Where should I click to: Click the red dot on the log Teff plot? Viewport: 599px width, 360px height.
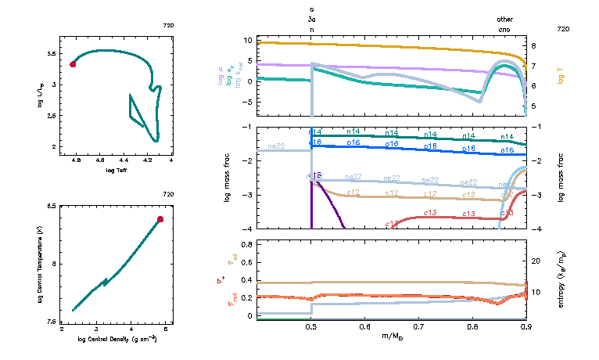coord(73,64)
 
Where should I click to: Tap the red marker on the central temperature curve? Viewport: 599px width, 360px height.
coord(160,219)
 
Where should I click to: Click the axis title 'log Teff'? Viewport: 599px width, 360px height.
coord(117,169)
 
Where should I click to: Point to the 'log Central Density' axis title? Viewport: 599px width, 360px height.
coord(117,339)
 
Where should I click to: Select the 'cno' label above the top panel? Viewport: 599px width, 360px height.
coord(506,29)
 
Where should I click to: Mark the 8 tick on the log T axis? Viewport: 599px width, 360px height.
coord(533,46)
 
